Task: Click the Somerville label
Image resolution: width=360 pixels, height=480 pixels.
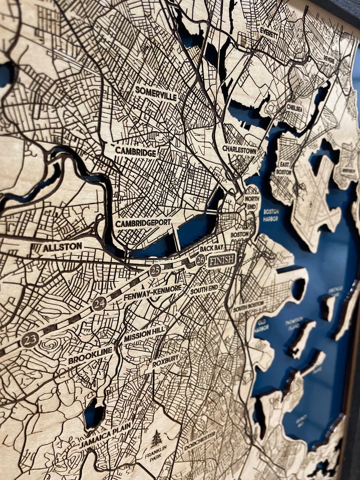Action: (156, 92)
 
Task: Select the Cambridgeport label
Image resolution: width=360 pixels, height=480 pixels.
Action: (143, 223)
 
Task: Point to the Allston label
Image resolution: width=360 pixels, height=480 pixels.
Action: (63, 247)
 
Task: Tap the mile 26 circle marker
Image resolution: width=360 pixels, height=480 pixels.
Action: (200, 260)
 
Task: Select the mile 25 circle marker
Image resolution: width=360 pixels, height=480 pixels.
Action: (155, 271)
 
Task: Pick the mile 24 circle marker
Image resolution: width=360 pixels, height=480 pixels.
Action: (99, 303)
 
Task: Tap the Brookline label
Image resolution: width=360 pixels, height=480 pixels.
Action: (91, 355)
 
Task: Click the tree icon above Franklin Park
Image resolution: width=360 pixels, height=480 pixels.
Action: (156, 438)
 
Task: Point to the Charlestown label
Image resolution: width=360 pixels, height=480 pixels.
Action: (239, 150)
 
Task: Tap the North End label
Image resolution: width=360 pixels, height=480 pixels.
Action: (252, 202)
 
